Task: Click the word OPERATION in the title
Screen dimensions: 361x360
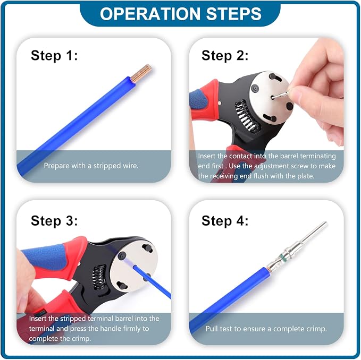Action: pos(150,14)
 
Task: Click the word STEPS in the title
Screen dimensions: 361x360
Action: pos(234,14)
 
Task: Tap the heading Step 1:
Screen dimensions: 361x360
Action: pos(54,56)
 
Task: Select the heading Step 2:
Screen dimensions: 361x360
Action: pos(225,56)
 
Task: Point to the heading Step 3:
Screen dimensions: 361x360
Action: pos(54,221)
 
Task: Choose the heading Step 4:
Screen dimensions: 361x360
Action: pos(225,221)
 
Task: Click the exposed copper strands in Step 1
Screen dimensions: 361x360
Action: pos(141,73)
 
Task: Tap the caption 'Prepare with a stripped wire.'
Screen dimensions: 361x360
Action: pos(91,166)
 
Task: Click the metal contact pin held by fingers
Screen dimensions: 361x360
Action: pos(280,95)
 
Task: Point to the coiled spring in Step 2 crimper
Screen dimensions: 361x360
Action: pos(248,117)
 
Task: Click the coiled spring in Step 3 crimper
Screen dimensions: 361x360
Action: pos(99,278)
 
